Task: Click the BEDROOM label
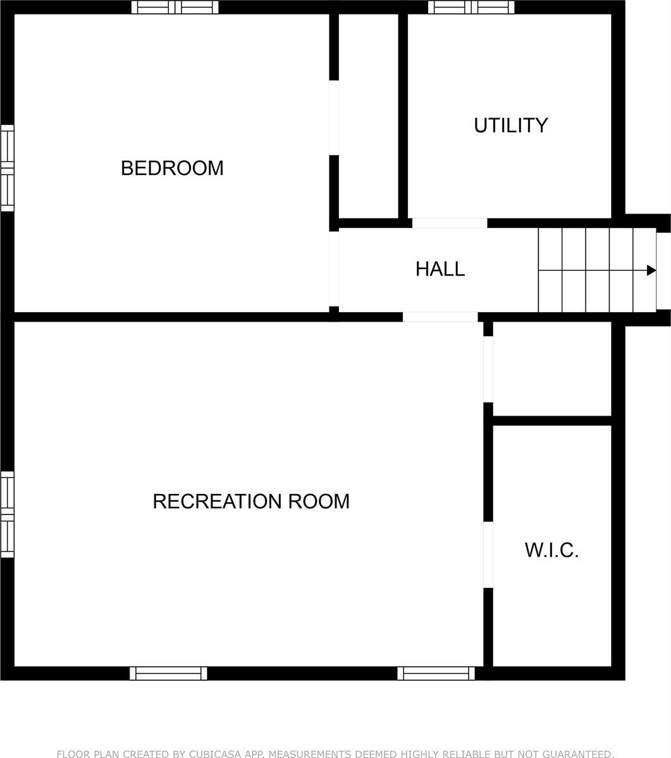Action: point(172,168)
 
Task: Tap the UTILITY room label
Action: point(510,125)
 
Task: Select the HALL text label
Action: point(440,269)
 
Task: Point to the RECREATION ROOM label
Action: point(251,502)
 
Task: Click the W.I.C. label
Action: point(551,550)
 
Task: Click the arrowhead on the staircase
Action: point(651,270)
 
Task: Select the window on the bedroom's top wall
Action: point(175,8)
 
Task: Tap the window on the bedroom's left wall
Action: point(7,168)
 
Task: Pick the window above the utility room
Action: point(471,8)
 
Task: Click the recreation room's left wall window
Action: point(7,514)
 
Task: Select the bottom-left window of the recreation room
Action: point(168,673)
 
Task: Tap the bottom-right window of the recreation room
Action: point(436,673)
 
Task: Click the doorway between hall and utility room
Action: point(450,223)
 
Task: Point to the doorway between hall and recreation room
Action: point(440,316)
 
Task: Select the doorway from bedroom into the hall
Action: point(334,269)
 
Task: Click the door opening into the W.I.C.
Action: point(488,555)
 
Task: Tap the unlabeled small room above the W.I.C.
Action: point(551,369)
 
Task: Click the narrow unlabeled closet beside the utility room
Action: point(369,117)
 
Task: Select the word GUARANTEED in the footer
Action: point(577,754)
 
